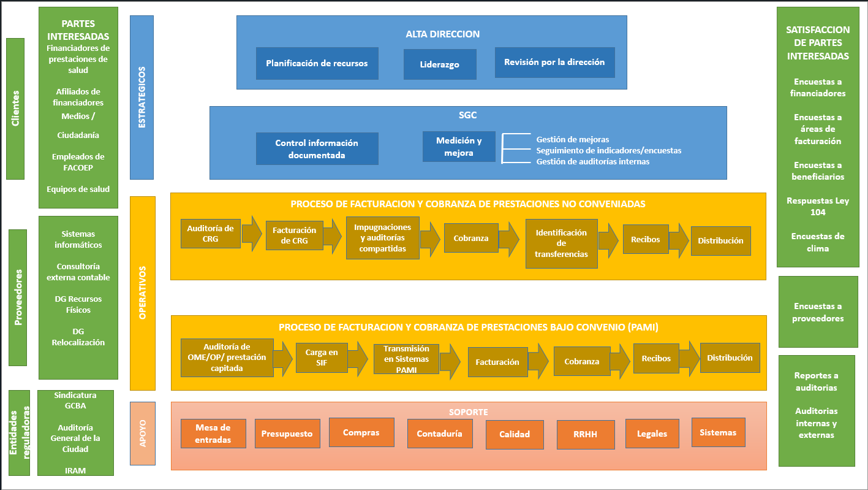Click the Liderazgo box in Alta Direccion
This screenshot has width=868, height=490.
click(440, 64)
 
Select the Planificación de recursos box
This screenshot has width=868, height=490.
click(317, 63)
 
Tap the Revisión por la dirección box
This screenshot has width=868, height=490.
click(554, 63)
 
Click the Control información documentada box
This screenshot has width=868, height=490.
click(317, 149)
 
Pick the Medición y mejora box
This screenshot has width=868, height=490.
click(459, 147)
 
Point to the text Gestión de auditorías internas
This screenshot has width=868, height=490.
click(592, 161)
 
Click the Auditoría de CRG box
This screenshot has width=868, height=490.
click(210, 233)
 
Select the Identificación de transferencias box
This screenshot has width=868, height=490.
click(561, 243)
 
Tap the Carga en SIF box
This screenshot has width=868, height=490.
click(322, 358)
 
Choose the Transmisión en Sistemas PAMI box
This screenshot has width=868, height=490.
click(406, 359)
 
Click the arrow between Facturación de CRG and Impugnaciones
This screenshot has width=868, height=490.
click(332, 237)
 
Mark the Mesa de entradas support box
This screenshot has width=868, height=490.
click(213, 434)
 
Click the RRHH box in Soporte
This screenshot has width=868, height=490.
click(585, 435)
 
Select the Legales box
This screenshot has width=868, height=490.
click(652, 434)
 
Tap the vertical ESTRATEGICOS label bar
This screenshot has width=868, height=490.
click(142, 97)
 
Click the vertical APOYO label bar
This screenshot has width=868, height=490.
click(143, 433)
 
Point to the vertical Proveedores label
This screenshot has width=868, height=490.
click(18, 297)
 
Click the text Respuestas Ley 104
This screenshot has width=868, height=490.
click(817, 207)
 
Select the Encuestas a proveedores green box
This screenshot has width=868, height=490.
click(817, 312)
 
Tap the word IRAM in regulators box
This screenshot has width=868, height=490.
click(75, 470)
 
